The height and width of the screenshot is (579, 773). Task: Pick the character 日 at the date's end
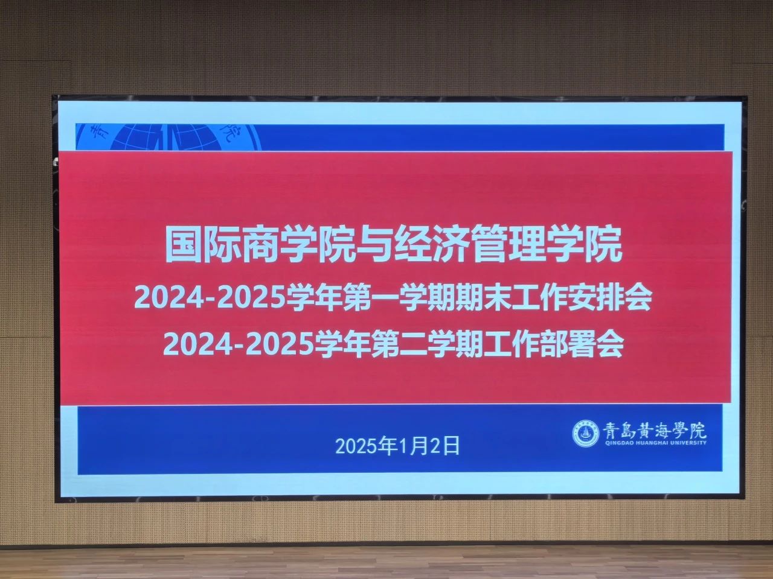click(452, 446)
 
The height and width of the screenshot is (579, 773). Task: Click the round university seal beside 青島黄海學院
click(586, 434)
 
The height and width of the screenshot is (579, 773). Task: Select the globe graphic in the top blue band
click(168, 137)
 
